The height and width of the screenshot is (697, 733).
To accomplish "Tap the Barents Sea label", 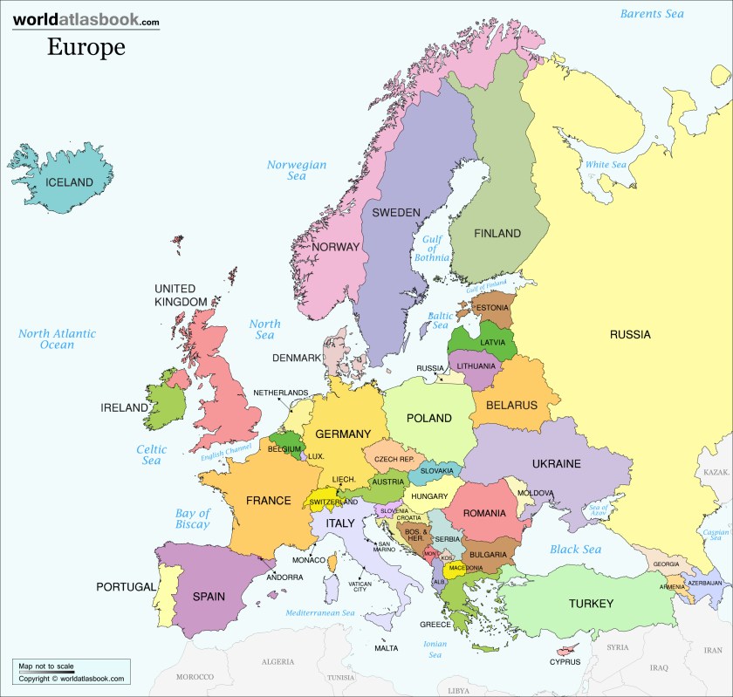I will click(652, 13).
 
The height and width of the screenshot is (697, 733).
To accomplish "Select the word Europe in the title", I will click(86, 46).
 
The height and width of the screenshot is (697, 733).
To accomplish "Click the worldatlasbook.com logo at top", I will click(86, 20).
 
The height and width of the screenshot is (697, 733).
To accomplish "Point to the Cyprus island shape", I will click(569, 649).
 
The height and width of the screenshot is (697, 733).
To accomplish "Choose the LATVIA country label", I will click(492, 342).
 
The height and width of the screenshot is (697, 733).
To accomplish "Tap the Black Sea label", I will click(575, 550).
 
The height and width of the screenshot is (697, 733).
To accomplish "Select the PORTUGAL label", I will click(126, 586).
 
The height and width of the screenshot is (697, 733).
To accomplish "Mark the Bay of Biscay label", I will click(192, 519).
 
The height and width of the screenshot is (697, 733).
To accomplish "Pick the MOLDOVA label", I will click(535, 493).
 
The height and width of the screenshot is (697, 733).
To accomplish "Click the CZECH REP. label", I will click(394, 459).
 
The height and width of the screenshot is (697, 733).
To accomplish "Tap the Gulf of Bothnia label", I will click(433, 249).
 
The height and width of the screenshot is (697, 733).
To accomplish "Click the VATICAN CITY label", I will click(360, 585).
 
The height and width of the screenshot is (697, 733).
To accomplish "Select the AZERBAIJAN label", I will click(703, 583).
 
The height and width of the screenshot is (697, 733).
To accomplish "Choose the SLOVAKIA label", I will click(437, 471).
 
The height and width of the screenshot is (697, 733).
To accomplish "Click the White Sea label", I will click(606, 165).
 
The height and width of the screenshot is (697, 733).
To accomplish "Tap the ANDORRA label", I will click(284, 577).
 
